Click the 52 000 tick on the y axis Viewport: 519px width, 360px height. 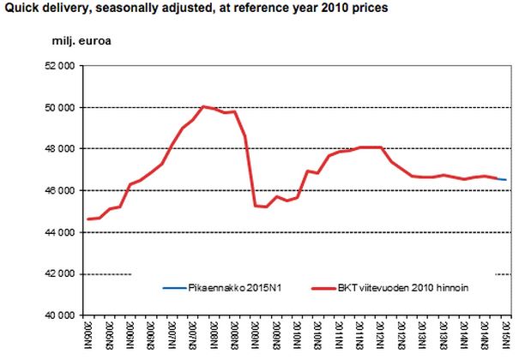pos(64,65)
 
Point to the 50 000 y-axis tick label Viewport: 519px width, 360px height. pos(64,107)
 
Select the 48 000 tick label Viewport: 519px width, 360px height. pos(64,148)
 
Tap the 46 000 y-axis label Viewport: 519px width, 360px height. pos(64,190)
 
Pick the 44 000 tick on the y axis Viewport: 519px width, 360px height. pos(64,231)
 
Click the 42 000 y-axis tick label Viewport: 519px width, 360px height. pos(64,273)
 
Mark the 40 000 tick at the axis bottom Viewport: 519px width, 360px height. pos(64,315)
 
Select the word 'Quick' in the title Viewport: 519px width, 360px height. pos(23,9)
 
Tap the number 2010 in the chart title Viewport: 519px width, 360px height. pos(317,9)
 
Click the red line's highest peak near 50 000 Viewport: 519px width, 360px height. pos(203,107)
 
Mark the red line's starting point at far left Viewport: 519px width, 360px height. pos(88,219)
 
